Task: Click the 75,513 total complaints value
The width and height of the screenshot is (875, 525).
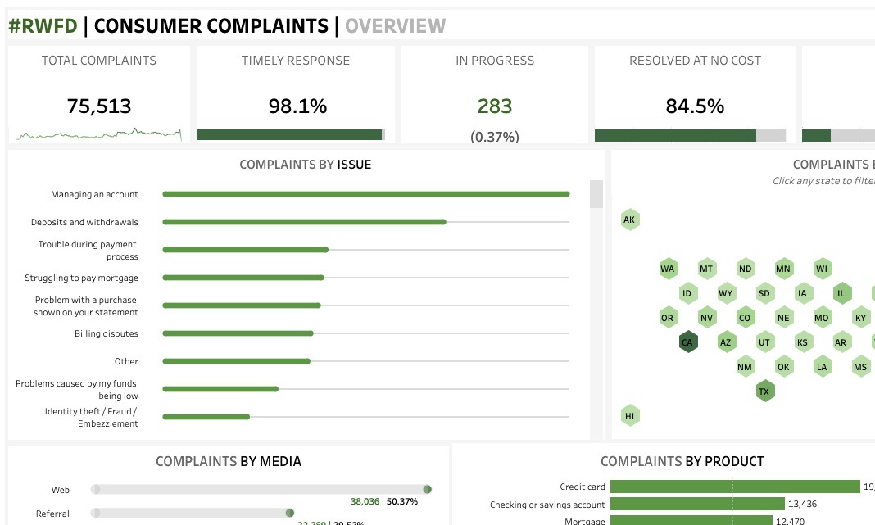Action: click(98, 106)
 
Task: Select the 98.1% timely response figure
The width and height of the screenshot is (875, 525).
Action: click(297, 106)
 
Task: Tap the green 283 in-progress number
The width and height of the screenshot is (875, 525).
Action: click(495, 106)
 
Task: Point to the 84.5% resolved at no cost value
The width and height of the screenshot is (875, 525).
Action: click(695, 106)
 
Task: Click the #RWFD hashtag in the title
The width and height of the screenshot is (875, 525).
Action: click(43, 26)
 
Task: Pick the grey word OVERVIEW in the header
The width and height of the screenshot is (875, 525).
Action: click(395, 26)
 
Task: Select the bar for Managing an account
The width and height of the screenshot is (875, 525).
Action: click(365, 194)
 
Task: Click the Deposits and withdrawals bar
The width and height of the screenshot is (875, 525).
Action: click(304, 222)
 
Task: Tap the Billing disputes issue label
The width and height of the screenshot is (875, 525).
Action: click(107, 333)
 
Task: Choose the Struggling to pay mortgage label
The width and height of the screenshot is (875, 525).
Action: click(81, 278)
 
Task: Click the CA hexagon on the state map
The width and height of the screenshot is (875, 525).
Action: click(687, 342)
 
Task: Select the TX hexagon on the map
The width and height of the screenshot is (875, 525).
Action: click(764, 391)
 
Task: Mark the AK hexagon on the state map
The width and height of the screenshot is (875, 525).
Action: click(629, 220)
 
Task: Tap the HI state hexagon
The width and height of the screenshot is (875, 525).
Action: click(629, 416)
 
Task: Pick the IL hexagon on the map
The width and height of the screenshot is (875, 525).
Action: click(841, 293)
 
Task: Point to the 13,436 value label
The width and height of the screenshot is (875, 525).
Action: click(802, 505)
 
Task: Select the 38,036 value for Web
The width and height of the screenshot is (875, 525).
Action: click(365, 501)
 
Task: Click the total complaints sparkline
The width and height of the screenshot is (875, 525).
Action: click(98, 133)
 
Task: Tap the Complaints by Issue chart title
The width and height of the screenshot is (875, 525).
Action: click(305, 165)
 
